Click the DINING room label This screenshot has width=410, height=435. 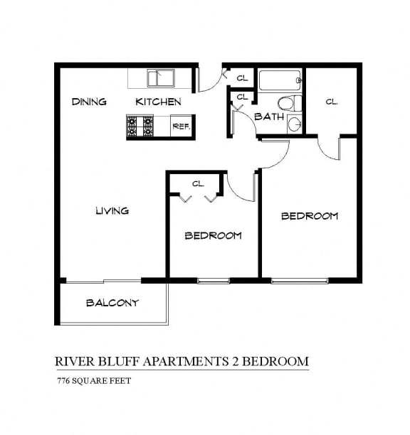89,102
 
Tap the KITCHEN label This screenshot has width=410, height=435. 158,102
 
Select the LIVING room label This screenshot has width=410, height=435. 112,210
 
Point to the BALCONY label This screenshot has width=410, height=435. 112,303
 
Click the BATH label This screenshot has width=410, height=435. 269,117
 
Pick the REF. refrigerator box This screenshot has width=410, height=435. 181,127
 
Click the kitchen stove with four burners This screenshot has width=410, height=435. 140,127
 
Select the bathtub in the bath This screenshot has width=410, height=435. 280,80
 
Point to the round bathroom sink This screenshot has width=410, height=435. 295,124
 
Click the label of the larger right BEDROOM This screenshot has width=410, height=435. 309,216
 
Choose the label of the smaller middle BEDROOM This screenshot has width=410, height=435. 213,235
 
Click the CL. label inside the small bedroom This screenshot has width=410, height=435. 198,183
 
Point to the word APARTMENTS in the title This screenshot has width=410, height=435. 184,361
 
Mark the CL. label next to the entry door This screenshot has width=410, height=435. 242,78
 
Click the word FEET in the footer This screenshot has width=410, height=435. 120,380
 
